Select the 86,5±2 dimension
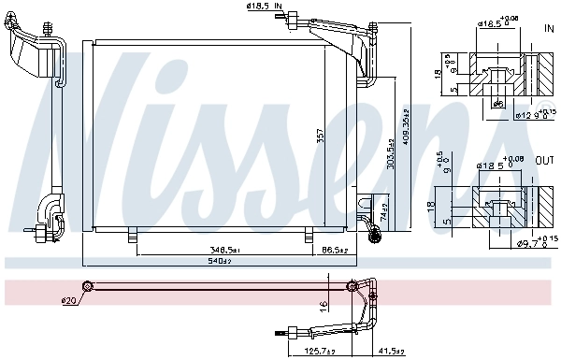335,251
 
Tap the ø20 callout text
67,301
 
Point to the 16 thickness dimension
322,306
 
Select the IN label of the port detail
549,30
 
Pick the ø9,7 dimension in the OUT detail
530,243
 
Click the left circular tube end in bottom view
87,286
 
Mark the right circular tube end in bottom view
352,286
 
